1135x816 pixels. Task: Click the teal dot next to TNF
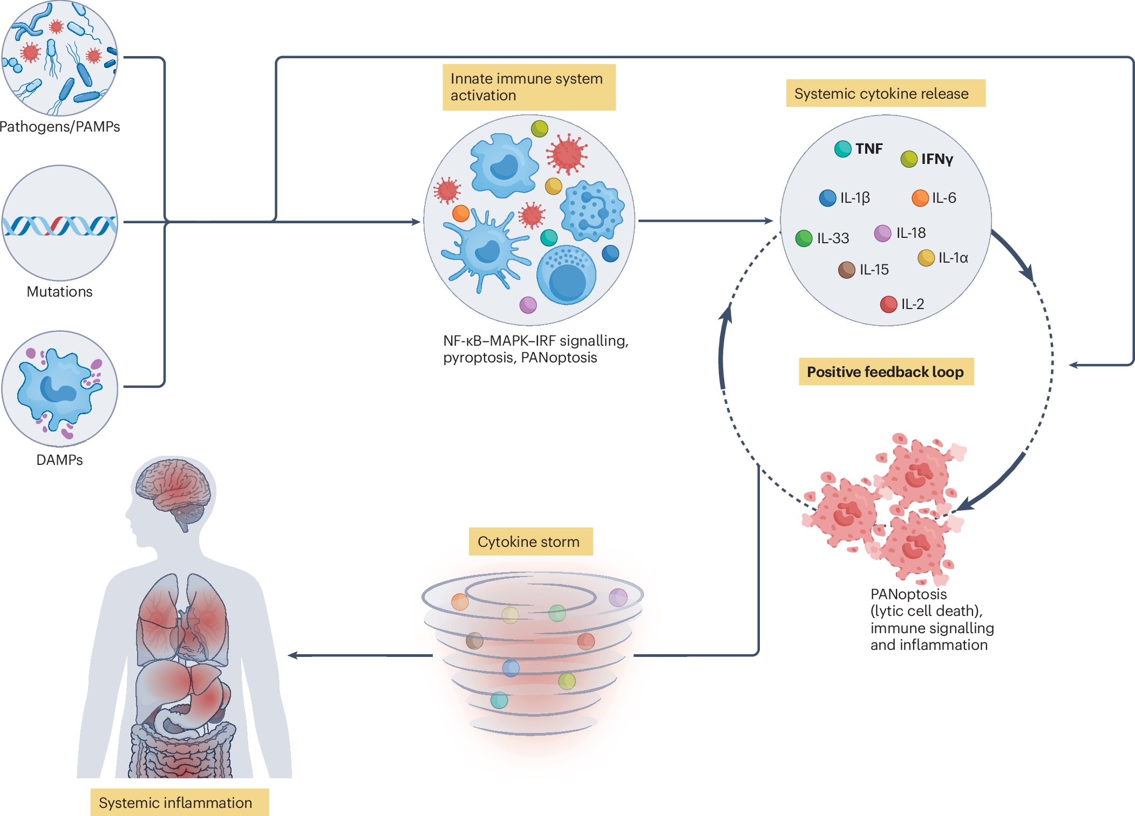click(842, 149)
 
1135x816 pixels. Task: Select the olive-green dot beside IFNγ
click(909, 159)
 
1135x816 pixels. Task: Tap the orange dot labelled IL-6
click(920, 198)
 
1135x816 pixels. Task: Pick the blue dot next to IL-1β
click(827, 198)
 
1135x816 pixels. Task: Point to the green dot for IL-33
click(804, 238)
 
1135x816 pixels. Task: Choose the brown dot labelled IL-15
click(846, 270)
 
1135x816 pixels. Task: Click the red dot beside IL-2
click(888, 304)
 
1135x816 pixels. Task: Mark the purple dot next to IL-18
click(882, 234)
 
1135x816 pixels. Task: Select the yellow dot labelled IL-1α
click(926, 258)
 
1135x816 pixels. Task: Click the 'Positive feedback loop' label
click(886, 372)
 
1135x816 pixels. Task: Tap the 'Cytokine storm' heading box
click(531, 541)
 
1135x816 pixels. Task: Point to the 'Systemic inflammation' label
click(179, 803)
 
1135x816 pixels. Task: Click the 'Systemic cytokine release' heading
click(886, 93)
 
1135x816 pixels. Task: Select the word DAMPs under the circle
click(59, 460)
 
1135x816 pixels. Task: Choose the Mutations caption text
click(59, 292)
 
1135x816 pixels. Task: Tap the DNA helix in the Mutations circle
click(59, 226)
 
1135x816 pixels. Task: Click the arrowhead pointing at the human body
click(293, 655)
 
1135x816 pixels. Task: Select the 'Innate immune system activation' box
click(529, 87)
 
